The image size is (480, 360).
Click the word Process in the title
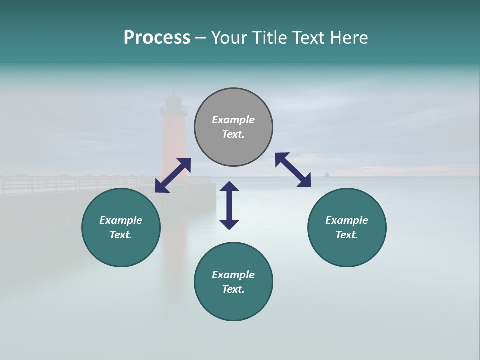point(157,38)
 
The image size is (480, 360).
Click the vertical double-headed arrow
point(229,205)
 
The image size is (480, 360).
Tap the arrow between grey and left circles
point(173,175)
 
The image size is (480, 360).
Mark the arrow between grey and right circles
point(293,170)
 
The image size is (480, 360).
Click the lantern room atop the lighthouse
point(173,104)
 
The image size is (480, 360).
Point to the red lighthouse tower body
point(173,145)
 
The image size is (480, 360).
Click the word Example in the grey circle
point(233,120)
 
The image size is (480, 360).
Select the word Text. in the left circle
point(121,235)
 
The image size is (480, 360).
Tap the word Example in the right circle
point(347,220)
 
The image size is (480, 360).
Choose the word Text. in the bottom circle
point(233,289)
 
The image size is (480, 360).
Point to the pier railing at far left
point(30,184)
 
